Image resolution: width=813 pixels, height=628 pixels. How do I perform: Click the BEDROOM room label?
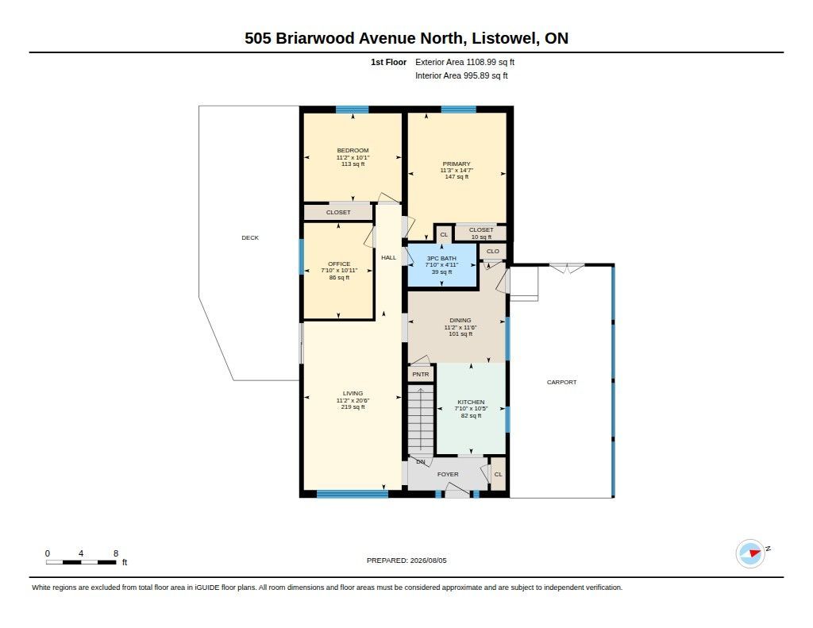pyautogui.click(x=353, y=150)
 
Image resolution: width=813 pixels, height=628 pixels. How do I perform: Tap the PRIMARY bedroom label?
pyautogui.click(x=457, y=164)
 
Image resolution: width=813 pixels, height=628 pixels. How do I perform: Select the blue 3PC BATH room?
pyautogui.click(x=442, y=265)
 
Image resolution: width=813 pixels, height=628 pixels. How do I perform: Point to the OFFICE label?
pyautogui.click(x=339, y=264)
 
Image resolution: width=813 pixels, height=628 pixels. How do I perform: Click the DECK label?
pyautogui.click(x=250, y=237)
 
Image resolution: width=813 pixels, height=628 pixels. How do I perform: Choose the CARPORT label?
pyautogui.click(x=561, y=382)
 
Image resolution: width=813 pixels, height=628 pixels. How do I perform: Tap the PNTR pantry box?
pyautogui.click(x=421, y=374)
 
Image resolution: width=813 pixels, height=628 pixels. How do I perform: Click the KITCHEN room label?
pyautogui.click(x=471, y=402)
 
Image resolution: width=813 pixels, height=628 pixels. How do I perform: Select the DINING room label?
pyautogui.click(x=460, y=321)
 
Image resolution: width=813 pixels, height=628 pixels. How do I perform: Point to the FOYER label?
pyautogui.click(x=448, y=474)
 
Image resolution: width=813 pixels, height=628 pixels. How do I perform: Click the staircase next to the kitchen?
pyautogui.click(x=421, y=419)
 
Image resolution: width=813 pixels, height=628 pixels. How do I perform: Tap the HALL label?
pyautogui.click(x=388, y=257)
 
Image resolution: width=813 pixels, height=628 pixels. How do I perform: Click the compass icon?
pyautogui.click(x=750, y=553)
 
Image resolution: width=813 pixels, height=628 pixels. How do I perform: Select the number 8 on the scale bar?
pyautogui.click(x=116, y=553)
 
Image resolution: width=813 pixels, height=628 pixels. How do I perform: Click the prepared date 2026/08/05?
pyautogui.click(x=428, y=560)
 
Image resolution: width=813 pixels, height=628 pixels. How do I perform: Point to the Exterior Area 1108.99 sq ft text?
pyautogui.click(x=464, y=62)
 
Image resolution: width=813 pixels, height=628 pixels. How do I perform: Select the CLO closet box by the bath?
pyautogui.click(x=492, y=251)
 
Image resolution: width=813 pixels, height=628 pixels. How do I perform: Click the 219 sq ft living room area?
pyautogui.click(x=353, y=407)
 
